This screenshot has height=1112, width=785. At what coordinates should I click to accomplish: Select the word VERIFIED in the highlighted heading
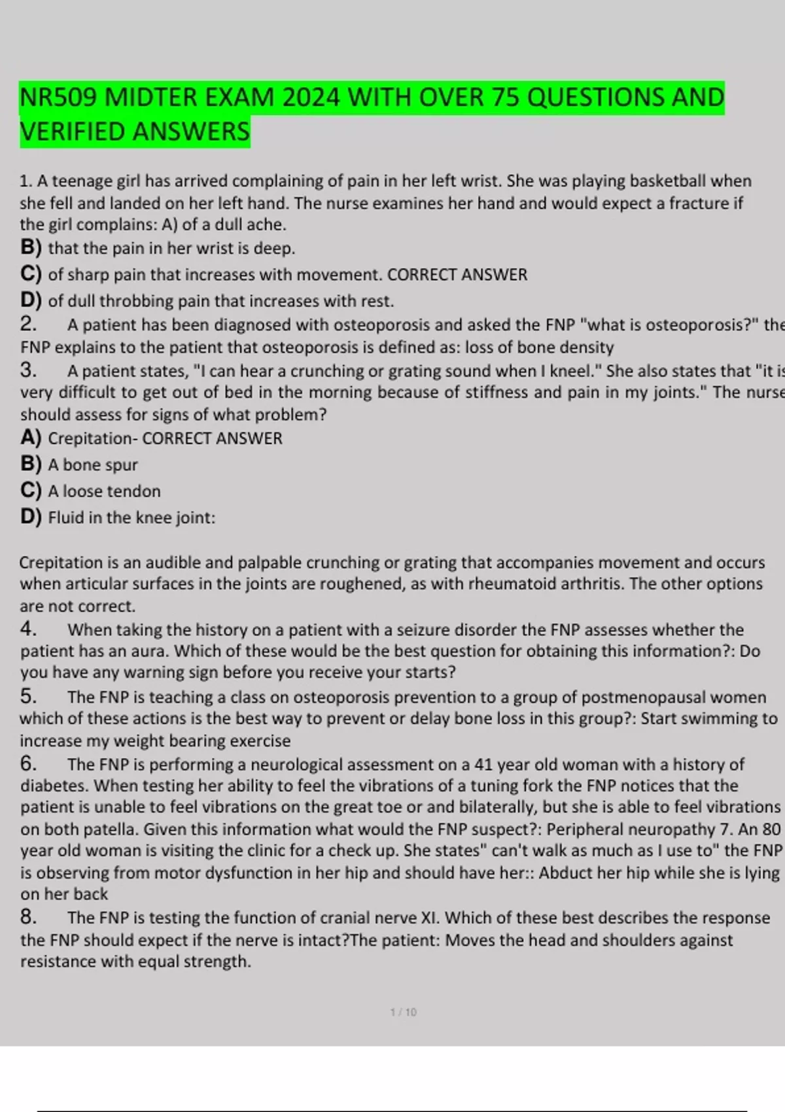pyautogui.click(x=73, y=131)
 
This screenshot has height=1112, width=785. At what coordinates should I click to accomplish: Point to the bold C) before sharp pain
pyautogui.click(x=31, y=274)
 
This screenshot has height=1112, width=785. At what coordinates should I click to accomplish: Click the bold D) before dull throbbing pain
pyautogui.click(x=31, y=301)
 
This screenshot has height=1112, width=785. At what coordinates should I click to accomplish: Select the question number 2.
pyautogui.click(x=28, y=324)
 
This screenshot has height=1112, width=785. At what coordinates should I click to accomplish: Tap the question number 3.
pyautogui.click(x=28, y=370)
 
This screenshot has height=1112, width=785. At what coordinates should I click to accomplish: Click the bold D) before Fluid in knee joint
pyautogui.click(x=31, y=517)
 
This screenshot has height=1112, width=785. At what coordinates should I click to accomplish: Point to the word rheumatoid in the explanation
pyautogui.click(x=535, y=583)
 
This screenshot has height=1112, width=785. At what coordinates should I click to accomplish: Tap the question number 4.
pyautogui.click(x=28, y=629)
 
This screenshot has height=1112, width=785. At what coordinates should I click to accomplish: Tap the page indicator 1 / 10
pyautogui.click(x=403, y=1012)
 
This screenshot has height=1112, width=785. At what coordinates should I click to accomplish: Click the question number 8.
pyautogui.click(x=28, y=917)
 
